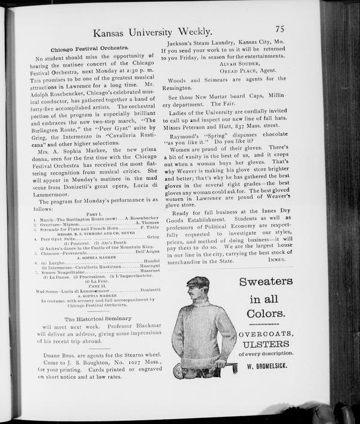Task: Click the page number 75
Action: click(280, 28)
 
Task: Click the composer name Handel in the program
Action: click(152, 263)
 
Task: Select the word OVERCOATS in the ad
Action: click(266, 334)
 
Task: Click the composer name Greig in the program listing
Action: click(153, 239)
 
